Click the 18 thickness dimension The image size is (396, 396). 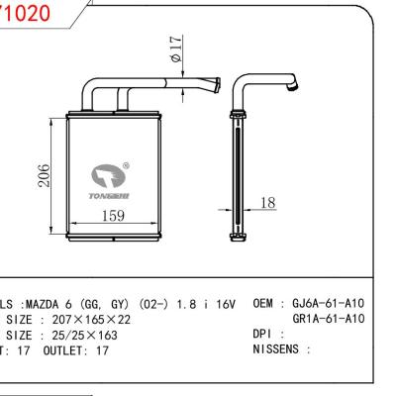click(267, 203)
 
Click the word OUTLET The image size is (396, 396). click(64, 351)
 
